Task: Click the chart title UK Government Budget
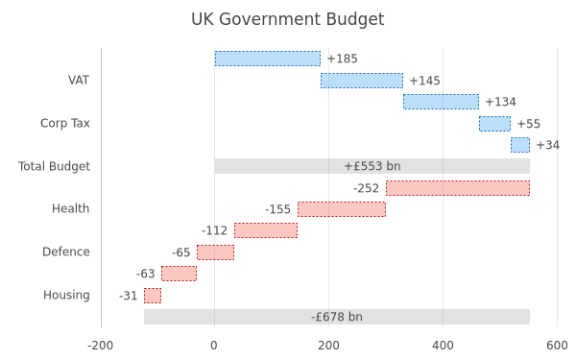click(x=288, y=19)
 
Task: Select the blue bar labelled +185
click(x=268, y=59)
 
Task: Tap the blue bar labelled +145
click(x=362, y=81)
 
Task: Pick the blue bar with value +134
click(x=441, y=102)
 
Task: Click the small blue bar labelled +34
click(x=520, y=145)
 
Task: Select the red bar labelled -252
click(x=458, y=188)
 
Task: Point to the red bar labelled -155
click(x=342, y=209)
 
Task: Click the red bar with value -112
click(x=266, y=230)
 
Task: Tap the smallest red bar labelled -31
click(x=153, y=296)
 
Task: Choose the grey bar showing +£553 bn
click(x=372, y=166)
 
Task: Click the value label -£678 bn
click(x=337, y=317)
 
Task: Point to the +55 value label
click(x=529, y=124)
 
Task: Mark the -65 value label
click(x=181, y=252)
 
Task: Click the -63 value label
click(x=146, y=274)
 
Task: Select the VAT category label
click(x=79, y=80)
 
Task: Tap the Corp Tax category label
click(x=65, y=123)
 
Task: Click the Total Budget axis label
click(x=54, y=166)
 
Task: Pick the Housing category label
click(x=66, y=295)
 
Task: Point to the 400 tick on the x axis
click(x=443, y=346)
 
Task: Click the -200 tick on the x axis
click(x=100, y=346)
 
